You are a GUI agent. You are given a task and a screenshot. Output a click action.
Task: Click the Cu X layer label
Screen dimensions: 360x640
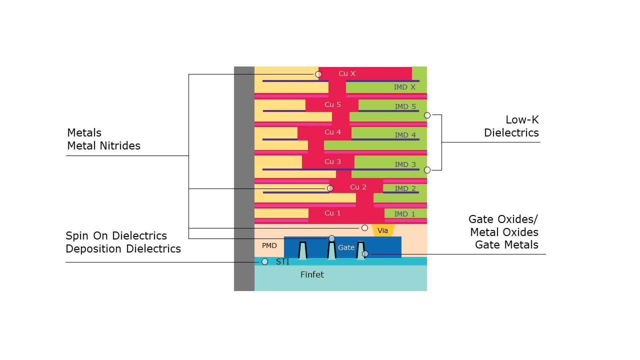347,74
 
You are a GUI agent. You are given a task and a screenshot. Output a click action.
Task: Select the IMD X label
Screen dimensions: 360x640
404,87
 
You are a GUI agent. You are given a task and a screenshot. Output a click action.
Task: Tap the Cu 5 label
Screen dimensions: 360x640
332,105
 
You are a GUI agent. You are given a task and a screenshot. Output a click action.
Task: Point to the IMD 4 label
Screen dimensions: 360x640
405,135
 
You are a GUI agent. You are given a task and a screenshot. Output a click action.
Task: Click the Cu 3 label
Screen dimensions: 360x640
332,162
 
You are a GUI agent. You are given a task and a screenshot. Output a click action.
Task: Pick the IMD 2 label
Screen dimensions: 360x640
405,188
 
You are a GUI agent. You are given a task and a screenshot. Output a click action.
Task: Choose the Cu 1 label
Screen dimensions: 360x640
332,213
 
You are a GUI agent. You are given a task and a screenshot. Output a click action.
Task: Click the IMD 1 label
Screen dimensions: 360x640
404,214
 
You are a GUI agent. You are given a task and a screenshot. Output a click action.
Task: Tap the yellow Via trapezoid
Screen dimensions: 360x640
383,230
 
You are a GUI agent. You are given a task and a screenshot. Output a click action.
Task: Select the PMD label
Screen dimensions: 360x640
269,246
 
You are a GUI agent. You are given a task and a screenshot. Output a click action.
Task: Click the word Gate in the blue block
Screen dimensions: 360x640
346,248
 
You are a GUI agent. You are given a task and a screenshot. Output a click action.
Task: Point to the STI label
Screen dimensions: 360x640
282,262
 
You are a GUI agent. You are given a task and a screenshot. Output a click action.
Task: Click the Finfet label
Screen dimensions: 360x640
312,275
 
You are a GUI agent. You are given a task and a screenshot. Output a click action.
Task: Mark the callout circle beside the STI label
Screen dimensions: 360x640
265,262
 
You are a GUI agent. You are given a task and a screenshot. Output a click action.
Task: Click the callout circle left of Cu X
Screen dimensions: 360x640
318,74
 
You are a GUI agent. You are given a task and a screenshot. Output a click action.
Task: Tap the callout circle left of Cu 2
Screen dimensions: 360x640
330,188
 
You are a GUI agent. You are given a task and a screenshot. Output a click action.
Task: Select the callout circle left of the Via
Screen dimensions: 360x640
365,228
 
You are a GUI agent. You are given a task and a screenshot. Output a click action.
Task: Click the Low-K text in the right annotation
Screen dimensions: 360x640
522,120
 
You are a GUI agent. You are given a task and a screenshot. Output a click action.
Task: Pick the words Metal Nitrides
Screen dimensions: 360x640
104,146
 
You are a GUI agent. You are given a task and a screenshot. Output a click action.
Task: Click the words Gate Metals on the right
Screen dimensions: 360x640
506,245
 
